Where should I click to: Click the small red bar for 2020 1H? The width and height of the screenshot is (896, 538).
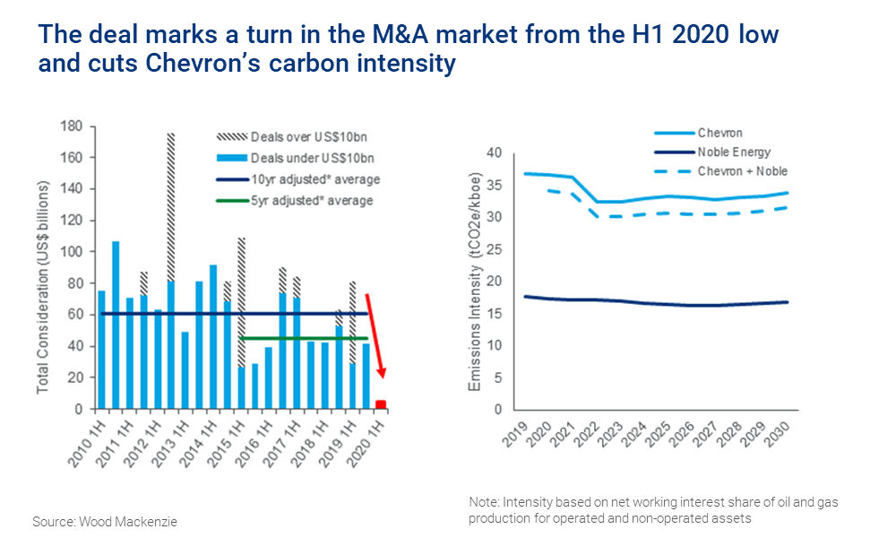tap(381, 404)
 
